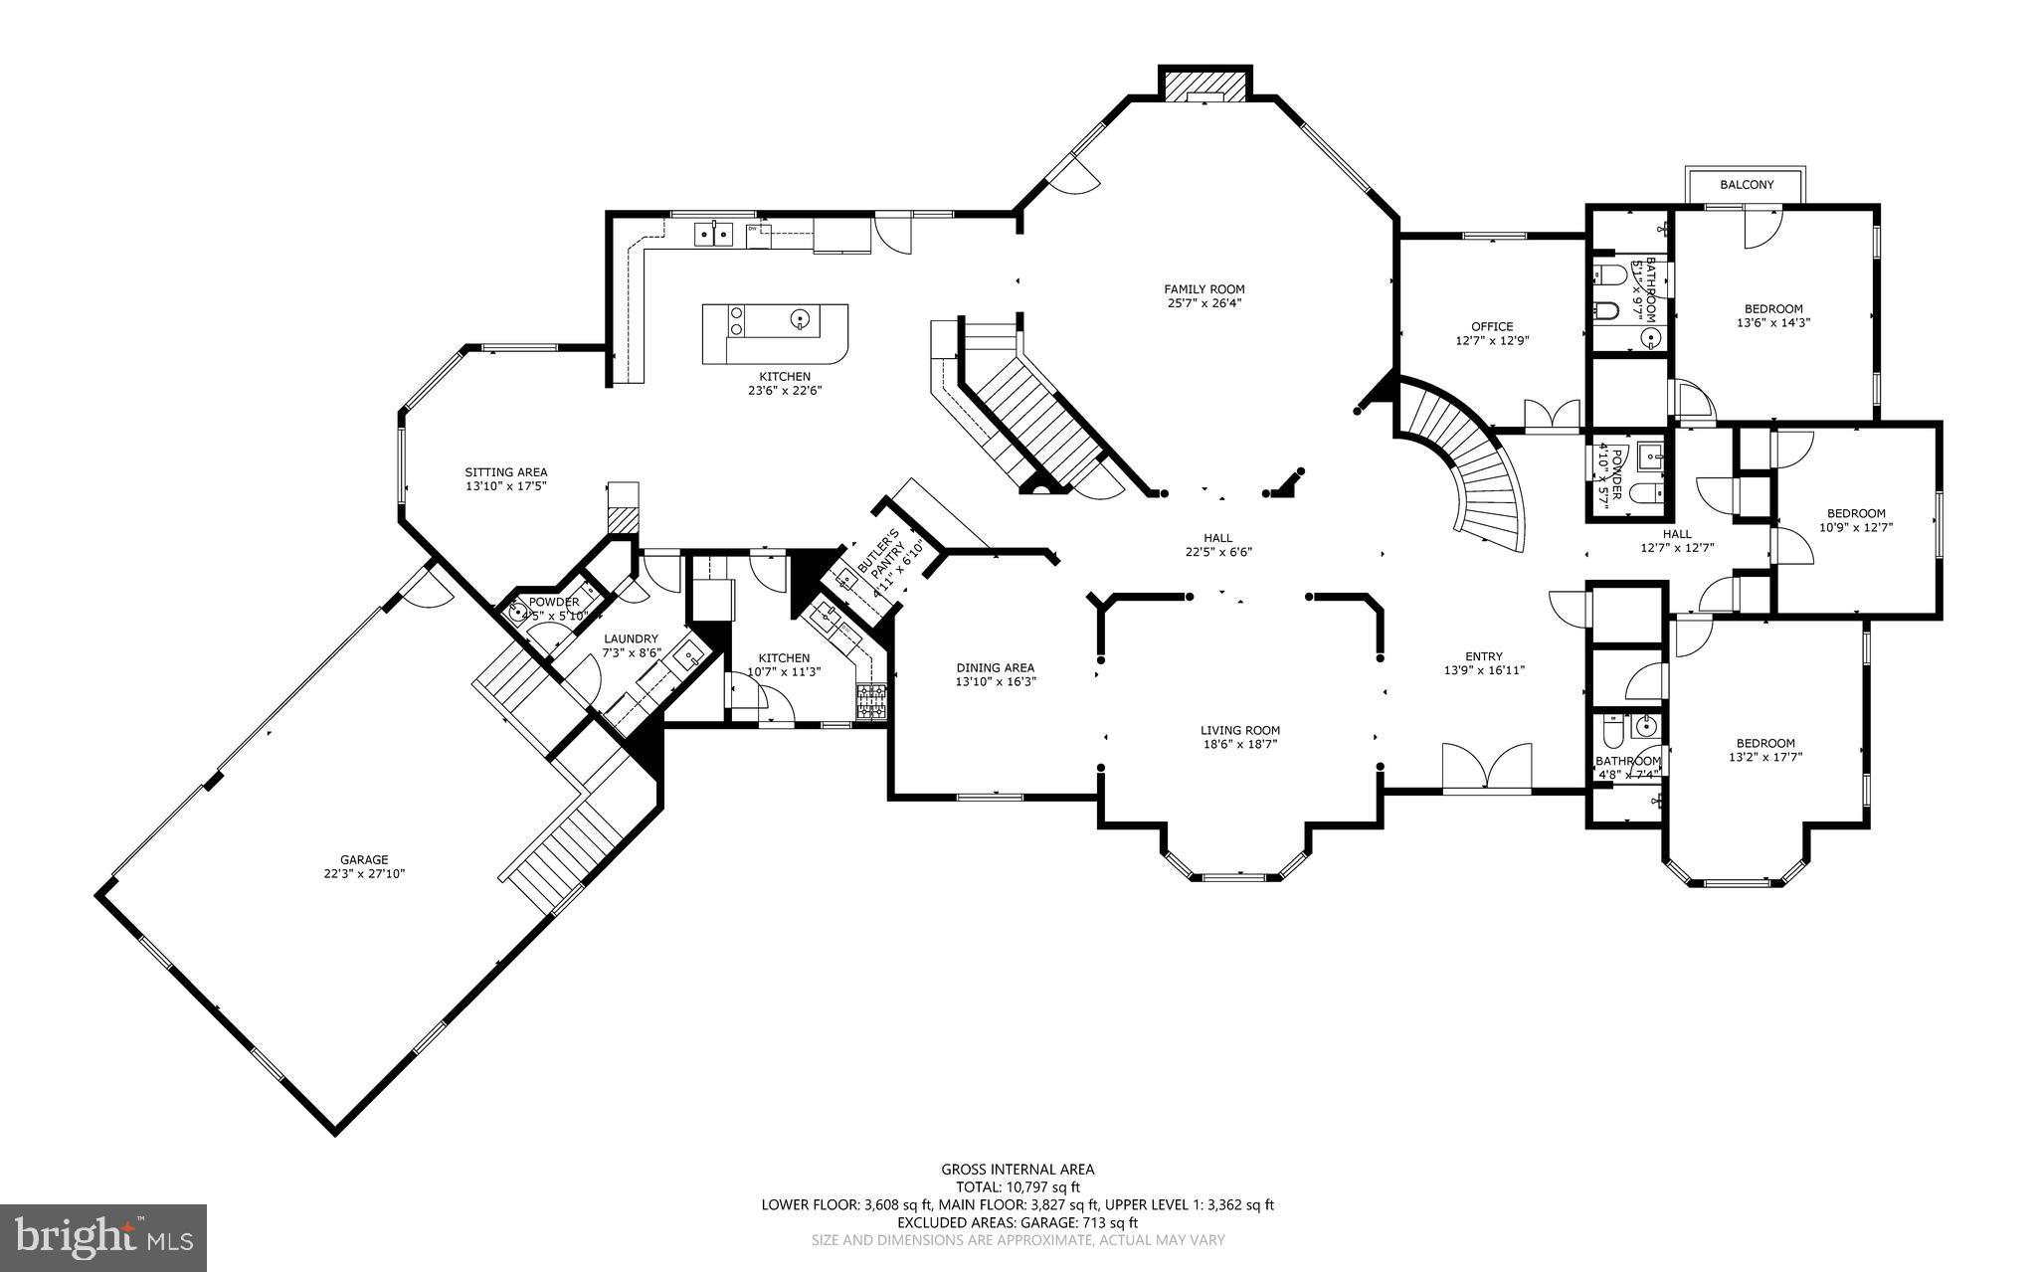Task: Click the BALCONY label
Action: pos(1747,185)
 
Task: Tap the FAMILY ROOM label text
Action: pos(1204,289)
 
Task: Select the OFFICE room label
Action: pos(1492,326)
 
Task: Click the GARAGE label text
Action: pos(364,859)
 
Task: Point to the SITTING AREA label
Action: pos(506,472)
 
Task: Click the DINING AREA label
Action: pos(995,667)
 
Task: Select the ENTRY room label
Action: pos(1483,655)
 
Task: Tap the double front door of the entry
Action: pos(1487,768)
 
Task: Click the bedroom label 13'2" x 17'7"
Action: pos(1765,757)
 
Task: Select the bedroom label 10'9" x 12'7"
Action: pos(1855,527)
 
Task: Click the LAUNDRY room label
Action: pos(631,638)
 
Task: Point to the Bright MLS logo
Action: pos(103,1237)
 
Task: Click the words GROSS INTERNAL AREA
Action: pos(1018,1170)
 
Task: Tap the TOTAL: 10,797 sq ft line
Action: pos(1018,1186)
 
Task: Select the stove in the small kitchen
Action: pos(871,702)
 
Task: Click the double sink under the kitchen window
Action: pos(713,234)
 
